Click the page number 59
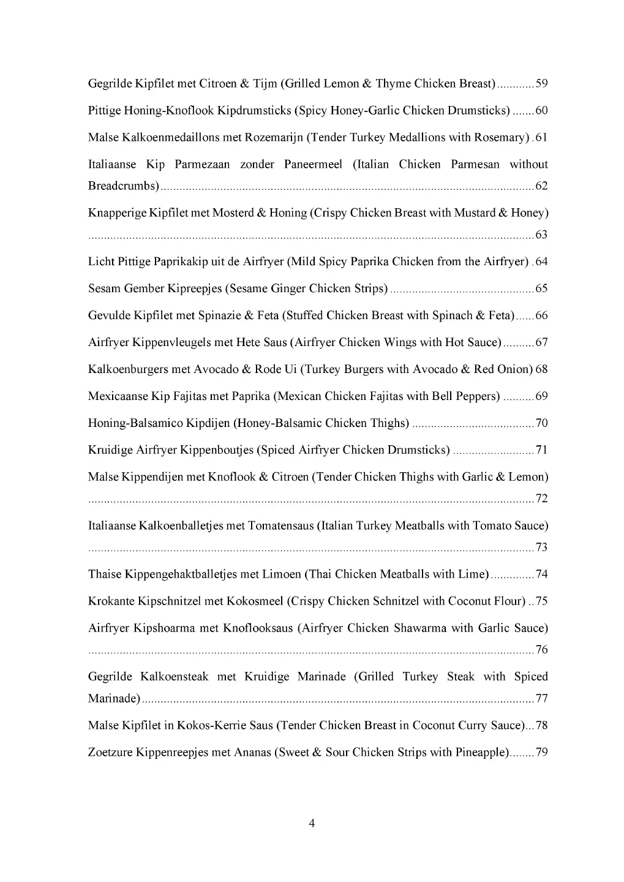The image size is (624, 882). pyautogui.click(x=541, y=84)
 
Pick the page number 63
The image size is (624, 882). pyautogui.click(x=541, y=235)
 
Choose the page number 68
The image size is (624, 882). pyautogui.click(x=541, y=370)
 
